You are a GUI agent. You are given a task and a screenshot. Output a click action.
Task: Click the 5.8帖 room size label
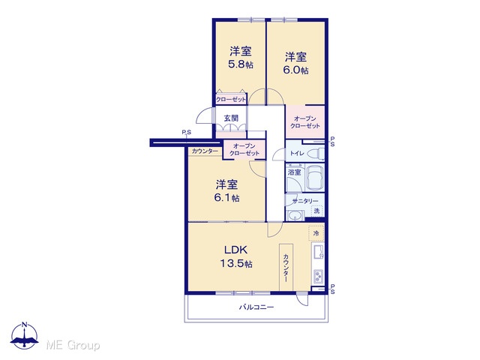(x=241, y=64)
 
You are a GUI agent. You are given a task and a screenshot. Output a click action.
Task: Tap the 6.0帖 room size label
(x=295, y=70)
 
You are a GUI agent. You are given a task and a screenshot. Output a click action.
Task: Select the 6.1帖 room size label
(x=226, y=198)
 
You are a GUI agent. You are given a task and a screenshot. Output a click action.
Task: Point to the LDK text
(x=236, y=250)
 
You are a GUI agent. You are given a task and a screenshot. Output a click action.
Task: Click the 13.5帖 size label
(x=236, y=263)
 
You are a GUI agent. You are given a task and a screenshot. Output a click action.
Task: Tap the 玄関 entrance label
(x=231, y=118)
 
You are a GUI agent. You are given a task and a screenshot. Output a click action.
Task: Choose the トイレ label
(x=297, y=153)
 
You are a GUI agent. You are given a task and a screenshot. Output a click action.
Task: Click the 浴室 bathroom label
(x=295, y=172)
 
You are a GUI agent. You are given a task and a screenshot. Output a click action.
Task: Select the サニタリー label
(x=305, y=201)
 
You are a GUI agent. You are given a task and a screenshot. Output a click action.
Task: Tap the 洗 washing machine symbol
(x=316, y=211)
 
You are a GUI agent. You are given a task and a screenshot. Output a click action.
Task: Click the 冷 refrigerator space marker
(x=316, y=233)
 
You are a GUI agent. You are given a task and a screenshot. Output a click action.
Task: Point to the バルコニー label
(x=256, y=307)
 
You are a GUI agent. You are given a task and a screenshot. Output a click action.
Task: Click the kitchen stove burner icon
(x=318, y=277)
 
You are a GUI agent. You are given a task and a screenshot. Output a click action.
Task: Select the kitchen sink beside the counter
(x=318, y=252)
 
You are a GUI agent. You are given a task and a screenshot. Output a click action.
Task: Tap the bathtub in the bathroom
(x=315, y=178)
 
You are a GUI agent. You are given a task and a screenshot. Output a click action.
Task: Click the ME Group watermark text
(x=73, y=346)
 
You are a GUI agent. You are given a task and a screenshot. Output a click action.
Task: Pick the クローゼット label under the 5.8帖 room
(x=231, y=100)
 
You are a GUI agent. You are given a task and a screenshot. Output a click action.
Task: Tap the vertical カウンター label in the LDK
(x=286, y=268)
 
